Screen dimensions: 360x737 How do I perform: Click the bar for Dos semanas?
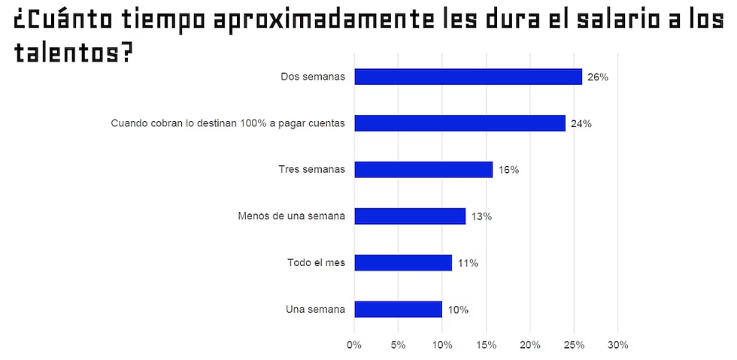point(468,77)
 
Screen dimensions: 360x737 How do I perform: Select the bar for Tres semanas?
point(423,170)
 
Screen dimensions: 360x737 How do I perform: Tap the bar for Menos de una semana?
point(410,216)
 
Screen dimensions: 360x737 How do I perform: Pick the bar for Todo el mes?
point(403,262)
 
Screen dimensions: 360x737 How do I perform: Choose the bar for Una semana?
point(398,309)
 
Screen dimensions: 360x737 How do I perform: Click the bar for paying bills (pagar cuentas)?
point(459,123)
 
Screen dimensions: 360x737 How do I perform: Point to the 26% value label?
point(597,77)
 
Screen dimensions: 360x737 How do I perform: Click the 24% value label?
point(581,124)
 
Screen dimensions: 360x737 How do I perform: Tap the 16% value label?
point(508,170)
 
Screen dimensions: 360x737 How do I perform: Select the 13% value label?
point(481,216)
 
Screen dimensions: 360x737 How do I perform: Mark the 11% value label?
point(468,263)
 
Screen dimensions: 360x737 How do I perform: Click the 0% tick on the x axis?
point(353,345)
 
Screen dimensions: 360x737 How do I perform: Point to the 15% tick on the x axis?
point(486,345)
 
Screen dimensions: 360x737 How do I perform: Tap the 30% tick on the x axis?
point(617,345)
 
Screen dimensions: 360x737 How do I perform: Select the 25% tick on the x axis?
point(574,345)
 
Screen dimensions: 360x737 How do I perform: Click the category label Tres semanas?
point(311,169)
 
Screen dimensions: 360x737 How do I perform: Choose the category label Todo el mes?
point(316,262)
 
